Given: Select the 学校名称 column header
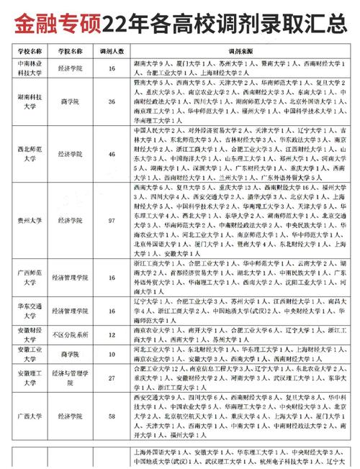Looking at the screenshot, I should (x=30, y=53).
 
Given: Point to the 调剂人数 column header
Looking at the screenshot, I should (x=112, y=53).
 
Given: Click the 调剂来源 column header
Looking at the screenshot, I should (x=237, y=53).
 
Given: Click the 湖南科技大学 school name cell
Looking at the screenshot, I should (x=30, y=102).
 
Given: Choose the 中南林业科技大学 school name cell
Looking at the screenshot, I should (x=30, y=68).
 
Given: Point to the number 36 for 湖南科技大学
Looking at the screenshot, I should (x=112, y=102).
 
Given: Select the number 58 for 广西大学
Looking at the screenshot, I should (x=112, y=415).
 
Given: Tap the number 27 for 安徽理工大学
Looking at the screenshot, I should (x=112, y=378).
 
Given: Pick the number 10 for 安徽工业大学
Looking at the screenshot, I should (x=112, y=355).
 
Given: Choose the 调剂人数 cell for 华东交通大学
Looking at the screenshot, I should (x=112, y=310).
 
